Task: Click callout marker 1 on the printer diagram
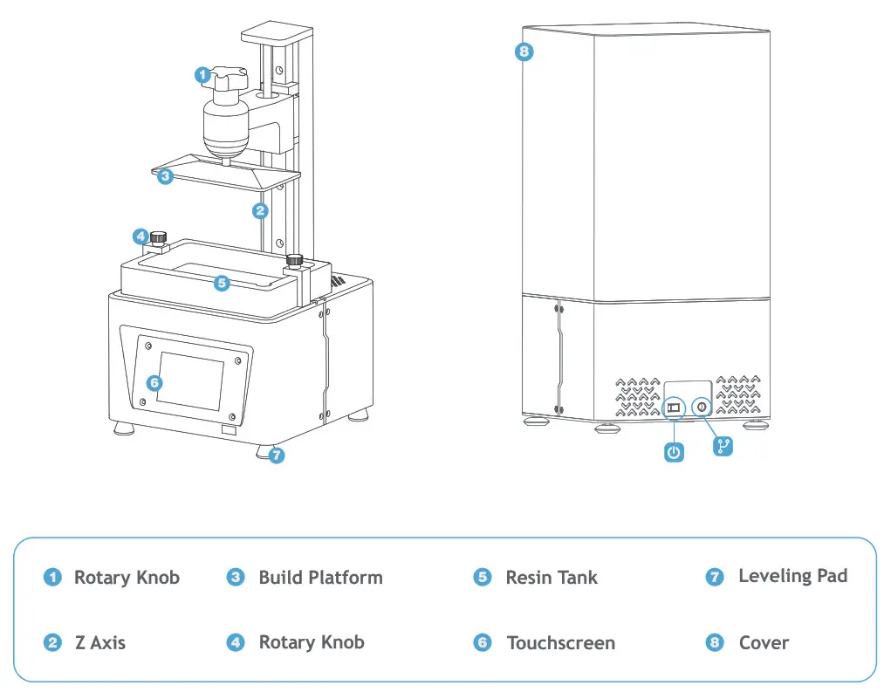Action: coord(202,75)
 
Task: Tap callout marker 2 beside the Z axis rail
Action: coord(259,210)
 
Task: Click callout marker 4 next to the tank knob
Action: coord(140,236)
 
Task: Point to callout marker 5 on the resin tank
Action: coord(223,283)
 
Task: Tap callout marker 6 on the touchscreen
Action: coord(154,382)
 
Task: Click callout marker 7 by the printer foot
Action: coord(277,455)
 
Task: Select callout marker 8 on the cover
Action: coord(524,51)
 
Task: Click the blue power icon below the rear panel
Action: coord(674,452)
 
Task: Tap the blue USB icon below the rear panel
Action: coord(723,447)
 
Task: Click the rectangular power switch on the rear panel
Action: coord(673,408)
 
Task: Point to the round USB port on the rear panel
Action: coord(702,408)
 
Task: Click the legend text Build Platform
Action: coord(320,578)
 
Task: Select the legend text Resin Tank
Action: coord(552,578)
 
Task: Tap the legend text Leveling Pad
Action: coord(792,576)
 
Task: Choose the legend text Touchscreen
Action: coord(560,643)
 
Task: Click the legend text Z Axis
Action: coord(99,643)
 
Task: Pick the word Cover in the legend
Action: coord(764,643)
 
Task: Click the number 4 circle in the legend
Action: coord(236,643)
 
